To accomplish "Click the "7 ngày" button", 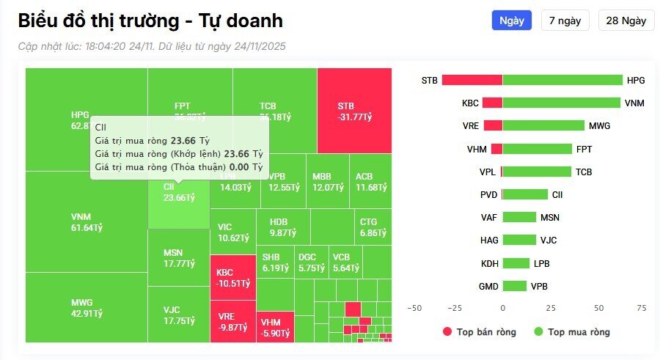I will tap(565, 21).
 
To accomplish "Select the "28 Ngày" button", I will tap(626, 21).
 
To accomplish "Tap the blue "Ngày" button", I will tap(511, 21).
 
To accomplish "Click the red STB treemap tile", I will tap(354, 111).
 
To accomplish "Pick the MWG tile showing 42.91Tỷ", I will tap(87, 308).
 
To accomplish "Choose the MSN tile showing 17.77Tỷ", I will tap(179, 258).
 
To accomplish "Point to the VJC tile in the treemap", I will tap(179, 315).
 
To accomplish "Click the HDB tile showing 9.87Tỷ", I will tap(282, 227).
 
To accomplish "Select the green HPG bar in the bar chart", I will tap(562, 80).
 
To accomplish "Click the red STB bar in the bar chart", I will tap(472, 80).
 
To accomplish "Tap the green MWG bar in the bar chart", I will tap(543, 125).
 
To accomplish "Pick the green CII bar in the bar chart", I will tap(525, 194).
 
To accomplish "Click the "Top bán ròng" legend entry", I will tap(479, 332).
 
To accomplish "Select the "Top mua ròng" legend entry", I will tap(571, 332).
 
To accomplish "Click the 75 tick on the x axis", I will tap(642, 308).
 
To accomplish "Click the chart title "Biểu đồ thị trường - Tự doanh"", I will tap(150, 21).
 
